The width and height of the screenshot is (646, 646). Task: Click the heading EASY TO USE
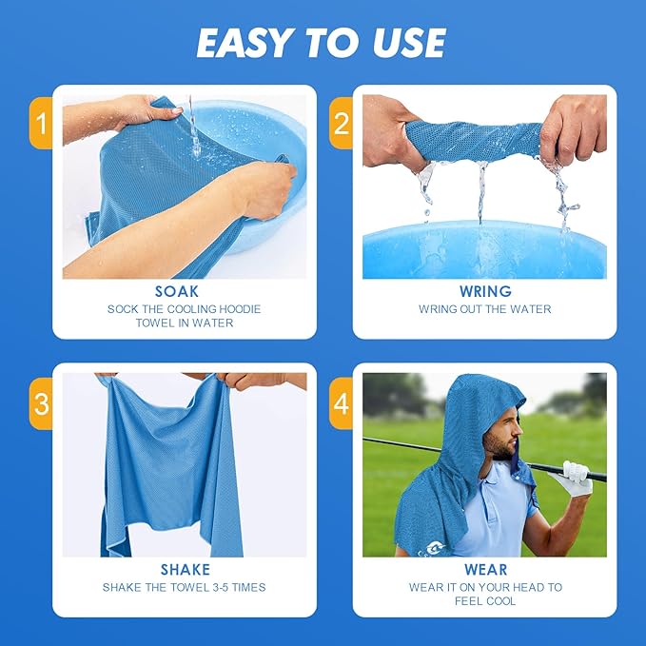click(322, 43)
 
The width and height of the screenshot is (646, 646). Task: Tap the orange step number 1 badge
click(41, 123)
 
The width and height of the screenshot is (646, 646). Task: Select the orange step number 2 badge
click(342, 123)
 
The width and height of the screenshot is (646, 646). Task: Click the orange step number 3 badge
click(41, 403)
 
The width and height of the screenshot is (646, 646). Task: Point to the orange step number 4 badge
click(342, 403)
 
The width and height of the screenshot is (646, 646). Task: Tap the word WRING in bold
click(484, 291)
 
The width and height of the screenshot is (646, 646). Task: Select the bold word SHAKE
click(185, 570)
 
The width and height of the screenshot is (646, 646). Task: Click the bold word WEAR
click(485, 570)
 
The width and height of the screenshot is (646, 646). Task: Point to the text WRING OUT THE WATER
click(484, 309)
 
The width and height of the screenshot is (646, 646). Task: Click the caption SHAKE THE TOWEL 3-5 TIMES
click(185, 588)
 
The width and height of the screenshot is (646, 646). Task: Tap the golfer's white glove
click(577, 477)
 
